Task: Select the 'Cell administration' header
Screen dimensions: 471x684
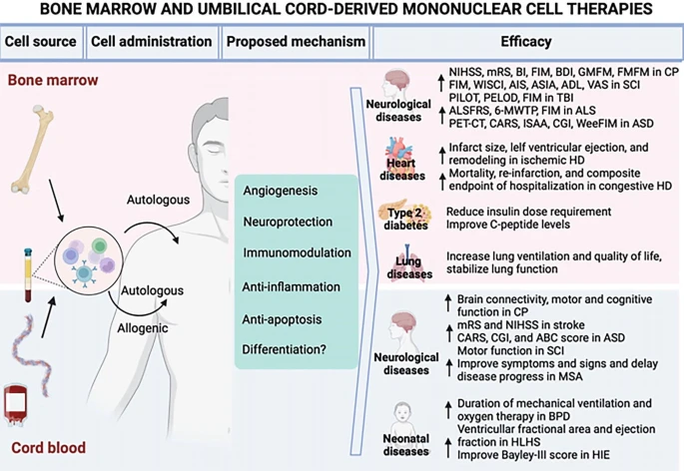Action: pyautogui.click(x=151, y=43)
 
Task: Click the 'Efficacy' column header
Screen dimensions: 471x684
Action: pyautogui.click(x=527, y=43)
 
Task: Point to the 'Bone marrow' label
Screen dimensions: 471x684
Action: pyautogui.click(x=46, y=77)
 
